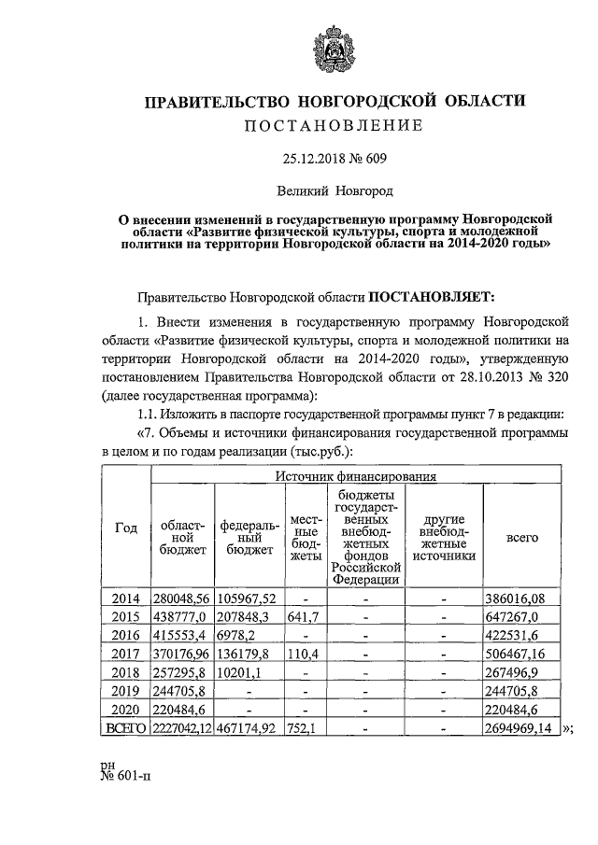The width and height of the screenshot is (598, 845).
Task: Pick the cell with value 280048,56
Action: (x=183, y=598)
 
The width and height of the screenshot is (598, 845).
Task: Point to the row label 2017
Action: (x=125, y=654)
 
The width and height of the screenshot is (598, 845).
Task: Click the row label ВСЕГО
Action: (x=125, y=728)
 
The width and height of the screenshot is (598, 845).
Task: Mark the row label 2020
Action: (x=125, y=710)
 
